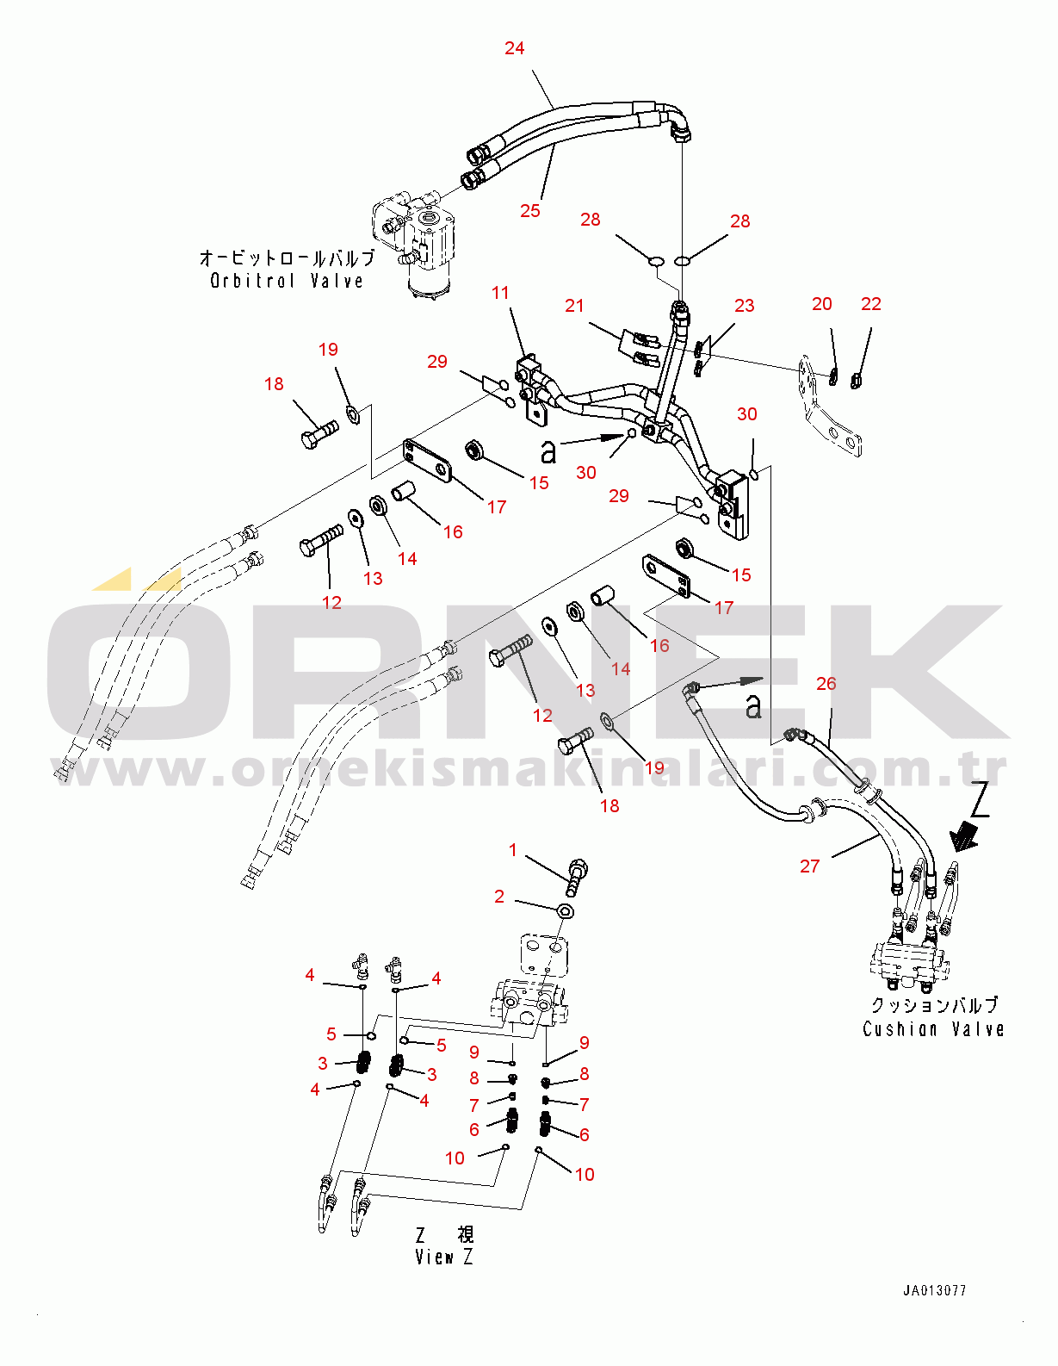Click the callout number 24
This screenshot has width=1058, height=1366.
[514, 48]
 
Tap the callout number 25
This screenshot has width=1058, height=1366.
[530, 211]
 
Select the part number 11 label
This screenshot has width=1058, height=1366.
[500, 293]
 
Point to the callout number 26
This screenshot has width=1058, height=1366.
[826, 684]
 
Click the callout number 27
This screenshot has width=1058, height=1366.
[810, 866]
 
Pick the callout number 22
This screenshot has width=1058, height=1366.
[871, 304]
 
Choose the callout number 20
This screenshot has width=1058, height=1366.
[822, 304]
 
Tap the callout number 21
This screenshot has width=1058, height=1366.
[574, 306]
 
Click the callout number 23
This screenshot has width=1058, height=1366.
[745, 306]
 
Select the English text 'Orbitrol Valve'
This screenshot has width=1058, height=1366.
[287, 281]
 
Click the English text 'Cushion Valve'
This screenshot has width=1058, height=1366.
[933, 1029]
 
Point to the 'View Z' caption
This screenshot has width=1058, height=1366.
[443, 1257]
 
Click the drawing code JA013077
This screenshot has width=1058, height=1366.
[934, 1290]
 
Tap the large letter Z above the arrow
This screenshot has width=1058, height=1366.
[979, 798]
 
